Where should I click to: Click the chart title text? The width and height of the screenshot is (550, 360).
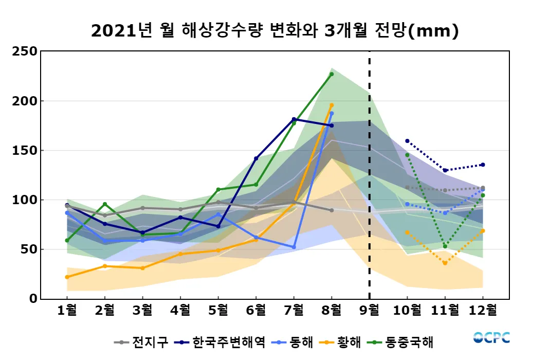[x=274, y=31]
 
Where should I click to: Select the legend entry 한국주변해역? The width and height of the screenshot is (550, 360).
[x=228, y=342]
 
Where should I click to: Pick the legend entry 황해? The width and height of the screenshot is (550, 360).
[x=350, y=342]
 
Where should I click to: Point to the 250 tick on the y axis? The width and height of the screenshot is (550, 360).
[x=25, y=51]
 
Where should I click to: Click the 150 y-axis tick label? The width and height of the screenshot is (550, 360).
[x=25, y=150]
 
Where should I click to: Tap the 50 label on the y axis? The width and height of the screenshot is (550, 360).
[x=28, y=249]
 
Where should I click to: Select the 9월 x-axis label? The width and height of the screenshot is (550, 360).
[x=370, y=310]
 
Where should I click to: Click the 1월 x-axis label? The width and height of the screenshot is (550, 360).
[x=67, y=310]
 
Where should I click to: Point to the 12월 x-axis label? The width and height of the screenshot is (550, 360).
[x=483, y=310]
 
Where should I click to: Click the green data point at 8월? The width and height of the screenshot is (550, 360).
[x=332, y=74]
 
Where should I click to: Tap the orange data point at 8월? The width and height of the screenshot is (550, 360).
[x=332, y=105]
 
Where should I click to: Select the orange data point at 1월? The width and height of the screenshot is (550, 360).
[x=67, y=277]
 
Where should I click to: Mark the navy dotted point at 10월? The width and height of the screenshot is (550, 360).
[x=407, y=141]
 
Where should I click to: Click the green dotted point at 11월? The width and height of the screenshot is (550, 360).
[x=445, y=246]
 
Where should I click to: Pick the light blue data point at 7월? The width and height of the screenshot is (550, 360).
[x=294, y=247]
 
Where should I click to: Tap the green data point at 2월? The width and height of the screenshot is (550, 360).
[x=105, y=204]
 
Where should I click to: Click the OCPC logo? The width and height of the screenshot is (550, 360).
[x=491, y=338]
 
